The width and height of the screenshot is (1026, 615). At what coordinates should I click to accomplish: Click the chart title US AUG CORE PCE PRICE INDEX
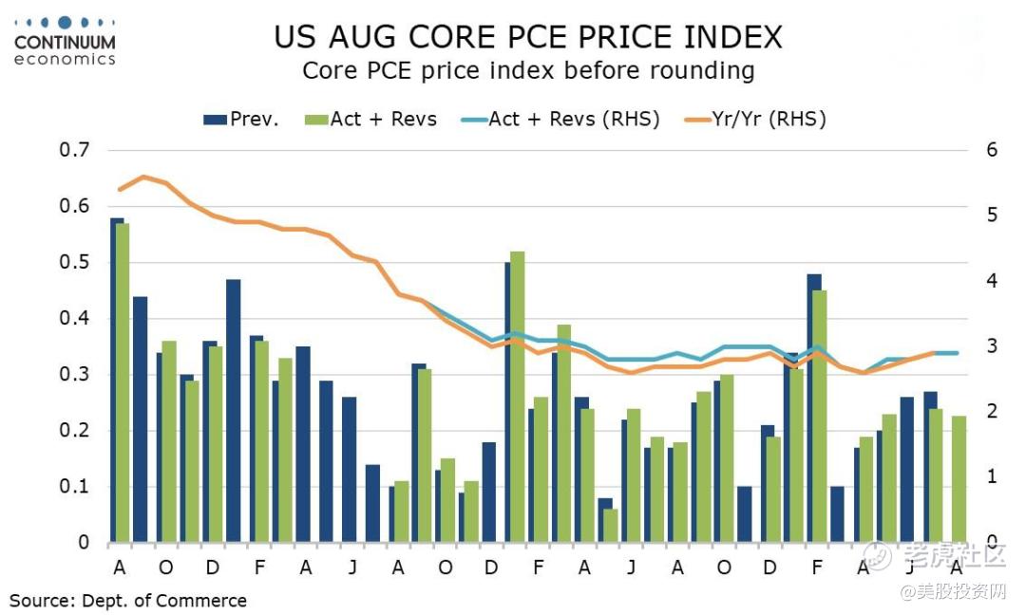528,37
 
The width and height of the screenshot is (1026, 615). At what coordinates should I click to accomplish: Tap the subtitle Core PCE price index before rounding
528,71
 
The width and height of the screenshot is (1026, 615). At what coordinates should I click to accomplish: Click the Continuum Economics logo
65,40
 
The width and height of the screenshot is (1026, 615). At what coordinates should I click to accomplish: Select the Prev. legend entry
241,119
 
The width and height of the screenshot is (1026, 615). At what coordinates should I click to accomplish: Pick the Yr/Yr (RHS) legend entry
756,119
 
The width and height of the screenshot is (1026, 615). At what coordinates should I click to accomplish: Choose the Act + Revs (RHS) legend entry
560,119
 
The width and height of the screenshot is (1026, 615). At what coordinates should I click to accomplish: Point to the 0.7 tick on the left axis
73,150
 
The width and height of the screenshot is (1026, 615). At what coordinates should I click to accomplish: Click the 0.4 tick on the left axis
73,318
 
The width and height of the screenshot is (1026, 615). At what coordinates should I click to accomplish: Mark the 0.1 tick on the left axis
73,487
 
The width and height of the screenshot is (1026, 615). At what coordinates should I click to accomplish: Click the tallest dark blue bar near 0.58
117,380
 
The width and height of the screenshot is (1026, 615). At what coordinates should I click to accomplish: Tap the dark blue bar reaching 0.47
233,410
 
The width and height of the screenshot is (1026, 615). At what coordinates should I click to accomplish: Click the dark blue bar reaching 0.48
814,408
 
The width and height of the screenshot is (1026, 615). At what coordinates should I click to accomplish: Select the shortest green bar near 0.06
611,526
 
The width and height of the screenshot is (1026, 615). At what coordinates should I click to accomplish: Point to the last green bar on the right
959,479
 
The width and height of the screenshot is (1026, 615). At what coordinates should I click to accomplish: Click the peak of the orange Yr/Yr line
142,177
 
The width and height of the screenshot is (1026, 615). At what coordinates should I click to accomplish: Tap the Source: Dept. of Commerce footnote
128,601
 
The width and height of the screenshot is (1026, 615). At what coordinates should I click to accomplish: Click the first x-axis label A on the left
120,568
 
